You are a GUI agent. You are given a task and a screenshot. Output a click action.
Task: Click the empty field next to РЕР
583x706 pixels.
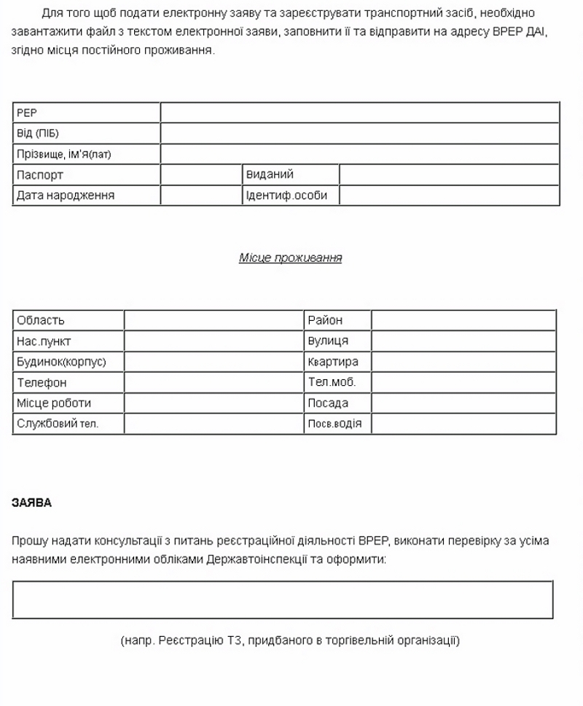click(359, 112)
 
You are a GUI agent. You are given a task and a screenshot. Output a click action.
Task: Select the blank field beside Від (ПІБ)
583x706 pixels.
click(359, 133)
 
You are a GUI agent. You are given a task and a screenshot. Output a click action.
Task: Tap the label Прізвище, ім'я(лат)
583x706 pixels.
click(63, 155)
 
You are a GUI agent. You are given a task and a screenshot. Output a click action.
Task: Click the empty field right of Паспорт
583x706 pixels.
click(201, 175)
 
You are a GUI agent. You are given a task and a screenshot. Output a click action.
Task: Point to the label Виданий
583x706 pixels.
click(270, 175)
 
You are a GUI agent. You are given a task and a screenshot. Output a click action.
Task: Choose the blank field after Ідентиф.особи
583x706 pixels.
click(449, 195)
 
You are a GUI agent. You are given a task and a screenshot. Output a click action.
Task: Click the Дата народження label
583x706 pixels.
click(66, 195)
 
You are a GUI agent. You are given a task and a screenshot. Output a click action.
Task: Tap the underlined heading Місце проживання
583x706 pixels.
click(290, 258)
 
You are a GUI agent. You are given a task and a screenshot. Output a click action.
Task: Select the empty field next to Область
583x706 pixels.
click(214, 320)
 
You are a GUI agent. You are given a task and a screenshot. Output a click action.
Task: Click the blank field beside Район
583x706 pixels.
click(463, 320)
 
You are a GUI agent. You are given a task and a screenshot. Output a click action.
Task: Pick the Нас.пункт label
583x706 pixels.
click(44, 341)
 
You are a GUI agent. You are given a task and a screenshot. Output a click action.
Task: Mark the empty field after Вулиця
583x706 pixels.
click(463, 341)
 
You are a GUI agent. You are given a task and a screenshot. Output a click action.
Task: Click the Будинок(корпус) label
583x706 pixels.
click(61, 362)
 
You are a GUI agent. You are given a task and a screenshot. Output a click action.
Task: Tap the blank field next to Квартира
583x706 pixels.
click(463, 362)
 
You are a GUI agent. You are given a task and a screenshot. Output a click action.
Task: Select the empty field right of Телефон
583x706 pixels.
click(214, 382)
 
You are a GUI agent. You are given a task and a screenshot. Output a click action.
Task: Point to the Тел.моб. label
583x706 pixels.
click(332, 382)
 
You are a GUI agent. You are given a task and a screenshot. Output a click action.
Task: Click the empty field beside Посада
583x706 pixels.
click(463, 403)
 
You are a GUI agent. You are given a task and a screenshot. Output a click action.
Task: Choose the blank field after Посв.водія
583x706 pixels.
click(463, 424)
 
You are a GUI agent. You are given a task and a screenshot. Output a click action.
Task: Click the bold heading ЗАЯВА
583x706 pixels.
click(32, 503)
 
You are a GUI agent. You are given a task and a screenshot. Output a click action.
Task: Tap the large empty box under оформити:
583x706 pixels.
click(283, 600)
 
